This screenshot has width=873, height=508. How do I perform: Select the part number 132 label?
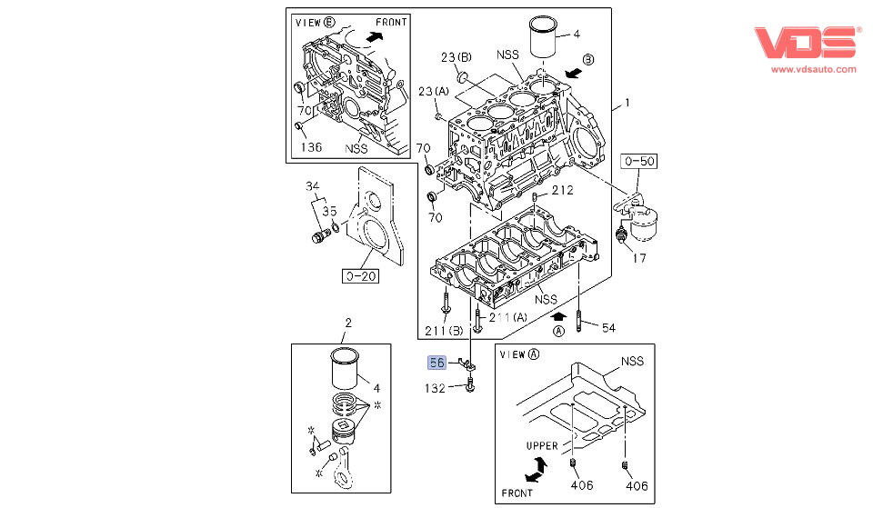click(436, 388)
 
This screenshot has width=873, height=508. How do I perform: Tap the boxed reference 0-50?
click(638, 162)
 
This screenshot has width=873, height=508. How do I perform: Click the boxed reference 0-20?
click(360, 276)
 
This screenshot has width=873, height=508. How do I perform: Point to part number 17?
click(640, 258)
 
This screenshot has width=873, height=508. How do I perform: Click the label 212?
click(562, 190)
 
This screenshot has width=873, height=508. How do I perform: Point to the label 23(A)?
click(434, 91)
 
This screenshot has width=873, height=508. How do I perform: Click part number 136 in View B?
click(311, 146)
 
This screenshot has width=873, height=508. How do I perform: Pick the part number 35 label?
click(329, 211)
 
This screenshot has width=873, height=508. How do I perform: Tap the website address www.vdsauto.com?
click(812, 68)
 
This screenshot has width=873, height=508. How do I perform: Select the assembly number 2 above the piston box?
click(347, 324)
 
